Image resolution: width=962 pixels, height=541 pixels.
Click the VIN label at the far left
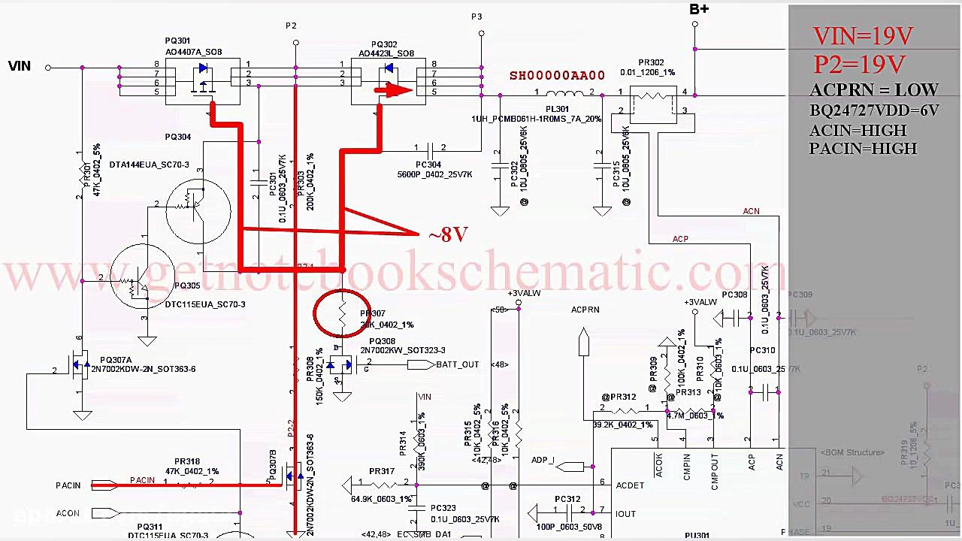[20, 66]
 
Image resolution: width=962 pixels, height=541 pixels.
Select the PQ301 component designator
[177, 41]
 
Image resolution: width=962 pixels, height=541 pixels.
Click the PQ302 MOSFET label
[384, 45]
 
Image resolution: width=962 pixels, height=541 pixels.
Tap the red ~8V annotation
[449, 235]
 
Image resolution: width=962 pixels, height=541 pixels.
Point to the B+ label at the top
[699, 9]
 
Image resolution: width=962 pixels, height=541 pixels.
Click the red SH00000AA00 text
[557, 76]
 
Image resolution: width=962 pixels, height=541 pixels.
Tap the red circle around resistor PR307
[342, 313]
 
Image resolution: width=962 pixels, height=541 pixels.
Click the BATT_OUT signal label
[457, 364]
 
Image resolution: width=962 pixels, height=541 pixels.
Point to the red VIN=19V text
[863, 36]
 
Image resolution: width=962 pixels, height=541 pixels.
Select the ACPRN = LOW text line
[874, 90]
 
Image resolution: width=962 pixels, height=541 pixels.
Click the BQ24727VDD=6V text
[874, 110]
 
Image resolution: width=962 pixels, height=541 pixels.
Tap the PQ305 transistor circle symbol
[142, 278]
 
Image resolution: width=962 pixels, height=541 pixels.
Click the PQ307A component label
[116, 361]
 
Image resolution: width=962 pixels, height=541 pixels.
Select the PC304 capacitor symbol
[429, 148]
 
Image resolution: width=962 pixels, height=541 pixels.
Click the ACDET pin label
[630, 485]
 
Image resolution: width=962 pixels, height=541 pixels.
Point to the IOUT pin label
[625, 514]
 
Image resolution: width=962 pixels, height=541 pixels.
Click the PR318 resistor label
[187, 462]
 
